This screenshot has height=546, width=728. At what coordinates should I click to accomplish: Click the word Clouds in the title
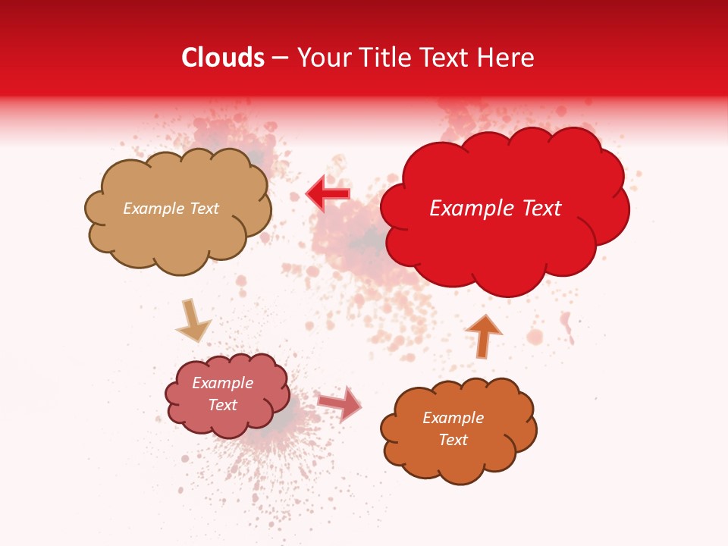tap(223, 58)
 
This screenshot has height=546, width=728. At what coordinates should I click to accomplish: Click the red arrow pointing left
tap(328, 194)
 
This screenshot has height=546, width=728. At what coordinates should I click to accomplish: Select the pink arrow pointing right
tap(340, 403)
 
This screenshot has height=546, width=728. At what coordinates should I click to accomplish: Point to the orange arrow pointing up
tap(483, 336)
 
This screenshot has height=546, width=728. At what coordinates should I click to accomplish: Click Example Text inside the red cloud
tap(495, 209)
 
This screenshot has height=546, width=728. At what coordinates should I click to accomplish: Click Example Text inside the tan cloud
tap(171, 209)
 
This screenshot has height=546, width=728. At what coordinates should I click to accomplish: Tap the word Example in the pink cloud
tap(222, 383)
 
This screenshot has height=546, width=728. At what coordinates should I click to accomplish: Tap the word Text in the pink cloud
tap(222, 405)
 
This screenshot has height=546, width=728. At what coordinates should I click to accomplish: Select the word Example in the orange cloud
tap(453, 418)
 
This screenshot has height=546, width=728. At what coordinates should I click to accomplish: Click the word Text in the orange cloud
tap(453, 440)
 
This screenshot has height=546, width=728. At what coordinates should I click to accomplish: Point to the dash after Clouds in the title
tap(280, 58)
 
